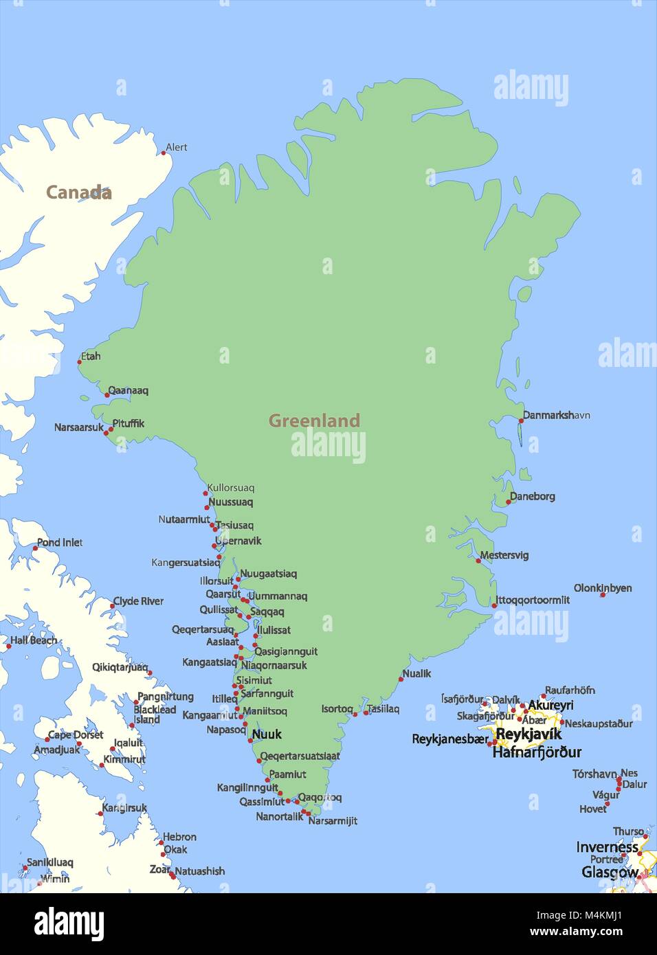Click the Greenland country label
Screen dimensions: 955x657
coord(314,420)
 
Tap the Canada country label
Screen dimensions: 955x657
coord(78,192)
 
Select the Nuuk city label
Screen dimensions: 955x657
coord(267,734)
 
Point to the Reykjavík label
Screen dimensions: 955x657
coord(528,734)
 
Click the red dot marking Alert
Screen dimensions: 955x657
coord(164,153)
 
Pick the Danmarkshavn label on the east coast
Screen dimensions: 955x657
coord(557,415)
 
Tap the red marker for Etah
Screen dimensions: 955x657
coord(80,361)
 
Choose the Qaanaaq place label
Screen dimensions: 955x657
coord(129,390)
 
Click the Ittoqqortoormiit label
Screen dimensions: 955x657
coord(533,600)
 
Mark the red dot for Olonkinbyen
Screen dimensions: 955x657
coord(603,594)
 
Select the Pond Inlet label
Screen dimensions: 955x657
coord(60,542)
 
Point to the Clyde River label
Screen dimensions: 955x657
coord(138,601)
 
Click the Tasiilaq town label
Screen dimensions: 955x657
coord(383,708)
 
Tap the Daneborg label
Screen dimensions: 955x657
coord(533,496)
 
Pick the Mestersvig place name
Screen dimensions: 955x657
coord(504,554)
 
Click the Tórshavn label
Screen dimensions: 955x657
coord(594,774)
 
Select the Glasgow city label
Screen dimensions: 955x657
coord(610,872)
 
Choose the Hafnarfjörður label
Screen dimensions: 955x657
coord(537,752)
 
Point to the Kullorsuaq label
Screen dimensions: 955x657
coord(231,488)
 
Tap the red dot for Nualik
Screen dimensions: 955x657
coord(401,679)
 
